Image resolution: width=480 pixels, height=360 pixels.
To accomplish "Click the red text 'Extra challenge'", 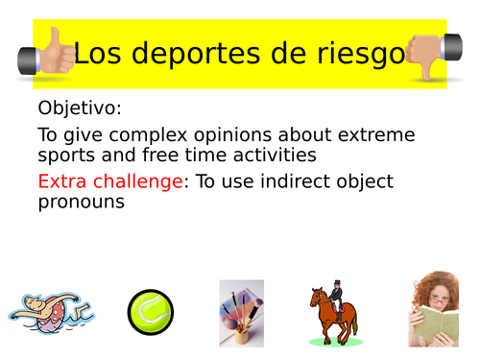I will (112, 181).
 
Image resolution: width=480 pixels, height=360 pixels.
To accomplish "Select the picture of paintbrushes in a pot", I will (241, 311).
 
